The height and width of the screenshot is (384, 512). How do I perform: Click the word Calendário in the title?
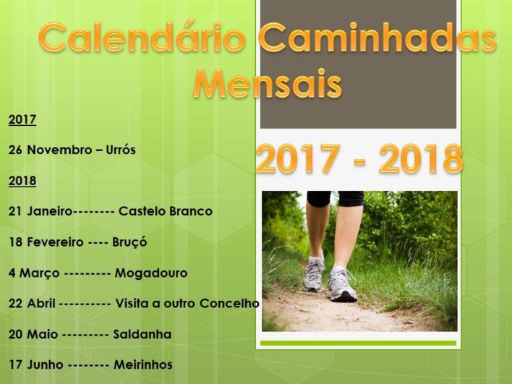142,38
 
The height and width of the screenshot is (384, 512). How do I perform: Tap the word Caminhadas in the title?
377,38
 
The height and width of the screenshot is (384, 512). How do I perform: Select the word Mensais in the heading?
268,83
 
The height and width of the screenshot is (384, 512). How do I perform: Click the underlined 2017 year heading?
22,120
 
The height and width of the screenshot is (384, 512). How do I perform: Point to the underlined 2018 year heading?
22,181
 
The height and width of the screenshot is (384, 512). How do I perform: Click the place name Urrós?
121,150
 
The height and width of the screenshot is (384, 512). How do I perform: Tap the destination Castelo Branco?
165,211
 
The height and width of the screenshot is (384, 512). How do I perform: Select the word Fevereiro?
55,242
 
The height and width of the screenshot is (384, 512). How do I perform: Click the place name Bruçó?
129,242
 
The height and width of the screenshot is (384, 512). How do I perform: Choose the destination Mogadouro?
151,273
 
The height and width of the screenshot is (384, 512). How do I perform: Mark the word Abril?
41,303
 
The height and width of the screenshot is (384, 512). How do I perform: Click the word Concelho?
229,303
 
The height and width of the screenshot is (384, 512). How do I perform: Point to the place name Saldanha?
142,334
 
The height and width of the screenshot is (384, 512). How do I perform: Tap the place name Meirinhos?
143,364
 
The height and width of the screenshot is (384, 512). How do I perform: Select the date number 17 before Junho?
15,364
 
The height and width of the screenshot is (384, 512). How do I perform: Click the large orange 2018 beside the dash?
421,159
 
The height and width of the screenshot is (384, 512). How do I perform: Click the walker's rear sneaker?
313,273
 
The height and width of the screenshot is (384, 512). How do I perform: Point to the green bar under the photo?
358,344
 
